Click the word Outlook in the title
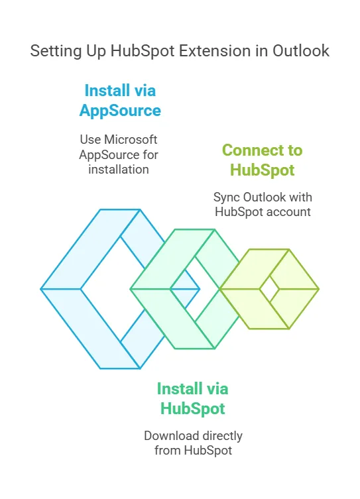[x=300, y=51]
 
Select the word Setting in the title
[x=56, y=52]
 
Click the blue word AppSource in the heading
[x=120, y=111]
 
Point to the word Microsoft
[x=131, y=139]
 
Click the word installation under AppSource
[x=119, y=169]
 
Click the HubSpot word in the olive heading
[x=262, y=170]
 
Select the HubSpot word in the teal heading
[x=192, y=409]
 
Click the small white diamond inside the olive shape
[x=269, y=289]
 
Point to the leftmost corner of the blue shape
[x=40, y=289]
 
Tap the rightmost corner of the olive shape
[x=319, y=289]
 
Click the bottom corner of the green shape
[x=214, y=349]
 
